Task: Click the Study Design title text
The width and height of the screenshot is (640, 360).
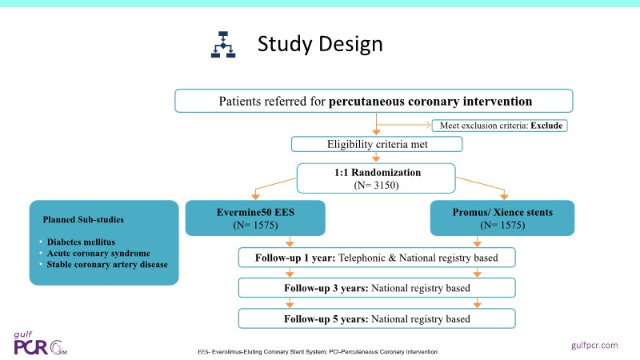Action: click(319, 44)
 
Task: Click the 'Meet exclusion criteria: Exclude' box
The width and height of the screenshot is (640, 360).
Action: click(501, 125)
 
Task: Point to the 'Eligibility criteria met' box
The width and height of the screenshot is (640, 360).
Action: click(376, 145)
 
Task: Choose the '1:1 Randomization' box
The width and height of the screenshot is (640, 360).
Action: click(375, 178)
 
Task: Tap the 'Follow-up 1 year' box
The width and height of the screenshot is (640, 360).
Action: click(376, 258)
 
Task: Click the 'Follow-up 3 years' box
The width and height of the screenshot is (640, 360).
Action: click(376, 288)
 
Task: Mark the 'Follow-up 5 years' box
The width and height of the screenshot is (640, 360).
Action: click(376, 318)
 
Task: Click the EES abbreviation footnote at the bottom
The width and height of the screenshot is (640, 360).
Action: click(317, 352)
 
